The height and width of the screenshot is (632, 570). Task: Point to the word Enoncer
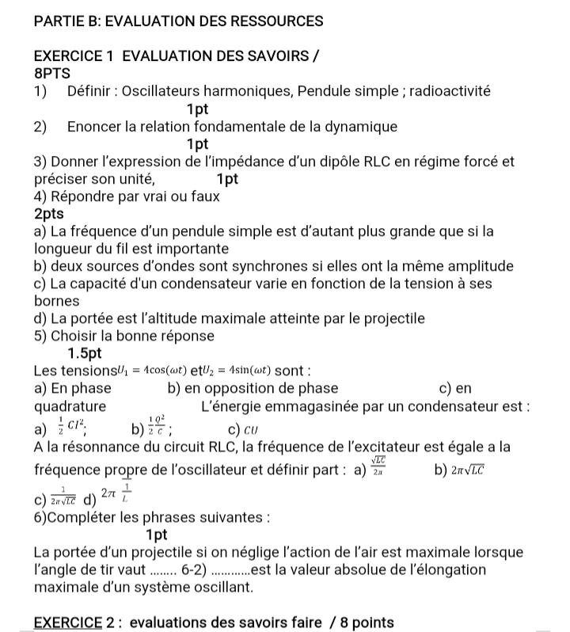94,127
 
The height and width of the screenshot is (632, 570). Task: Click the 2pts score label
49,214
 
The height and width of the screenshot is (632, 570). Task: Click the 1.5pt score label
85,352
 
